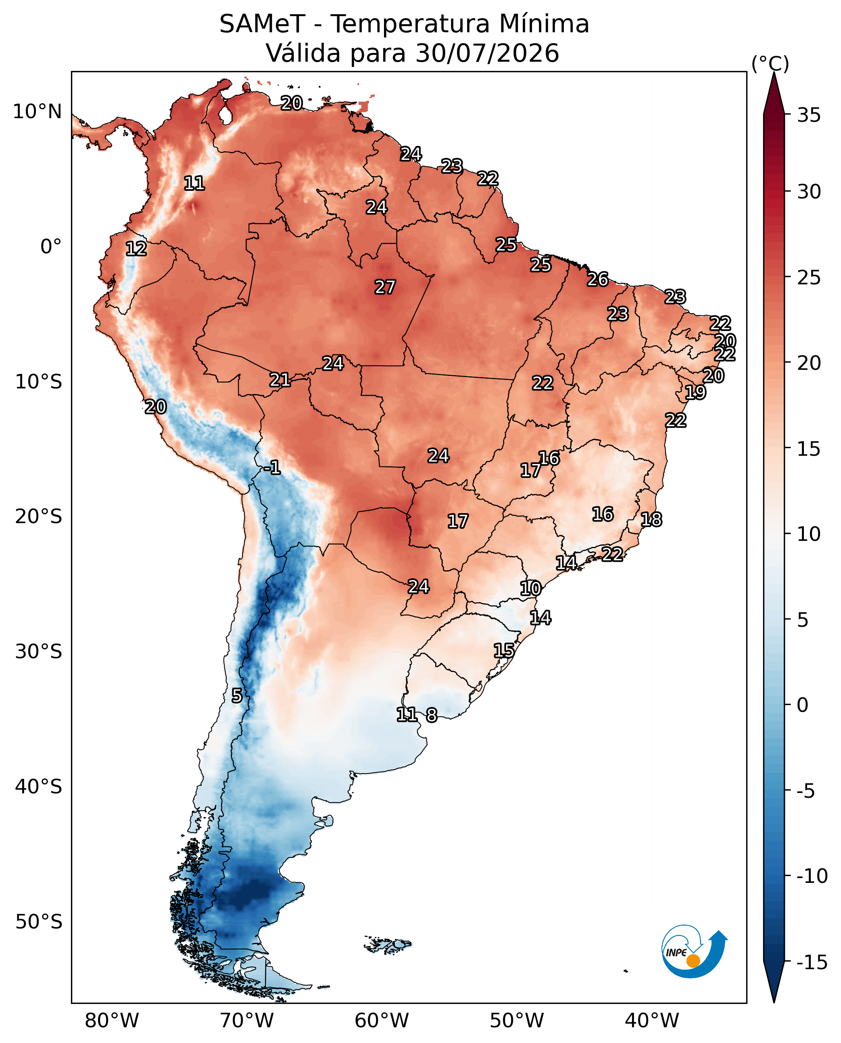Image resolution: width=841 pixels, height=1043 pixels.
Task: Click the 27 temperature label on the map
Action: (x=385, y=287)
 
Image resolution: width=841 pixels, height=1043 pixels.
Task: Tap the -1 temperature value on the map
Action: (x=272, y=467)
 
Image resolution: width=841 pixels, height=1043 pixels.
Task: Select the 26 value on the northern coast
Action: (x=598, y=280)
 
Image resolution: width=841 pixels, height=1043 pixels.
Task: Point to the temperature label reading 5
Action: (x=237, y=696)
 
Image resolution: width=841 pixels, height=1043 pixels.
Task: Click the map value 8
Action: (x=432, y=715)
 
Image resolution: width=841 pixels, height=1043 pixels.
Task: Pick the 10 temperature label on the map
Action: (x=530, y=588)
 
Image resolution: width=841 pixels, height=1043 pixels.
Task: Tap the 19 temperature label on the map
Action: (x=695, y=392)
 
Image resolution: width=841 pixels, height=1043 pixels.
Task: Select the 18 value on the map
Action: (x=651, y=520)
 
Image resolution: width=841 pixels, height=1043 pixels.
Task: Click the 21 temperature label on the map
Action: (x=280, y=380)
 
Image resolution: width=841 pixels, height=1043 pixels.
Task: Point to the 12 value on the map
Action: (x=136, y=249)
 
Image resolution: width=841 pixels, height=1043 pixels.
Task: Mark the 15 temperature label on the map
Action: (x=504, y=651)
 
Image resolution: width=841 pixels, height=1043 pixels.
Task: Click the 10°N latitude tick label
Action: (x=37, y=112)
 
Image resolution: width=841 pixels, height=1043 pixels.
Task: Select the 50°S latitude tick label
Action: (x=39, y=922)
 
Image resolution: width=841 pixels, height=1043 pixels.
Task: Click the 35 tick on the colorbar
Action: (x=809, y=115)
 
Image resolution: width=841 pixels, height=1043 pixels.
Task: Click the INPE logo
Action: (x=694, y=951)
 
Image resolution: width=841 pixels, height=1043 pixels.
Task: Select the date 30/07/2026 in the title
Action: (x=487, y=53)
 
